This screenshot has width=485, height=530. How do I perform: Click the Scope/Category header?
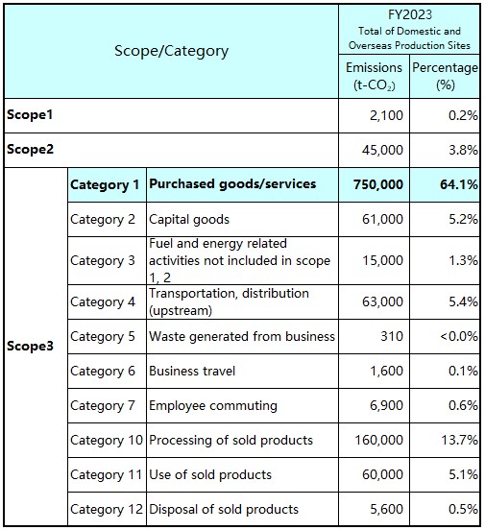(x=171, y=52)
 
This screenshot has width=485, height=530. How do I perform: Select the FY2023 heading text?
(x=409, y=14)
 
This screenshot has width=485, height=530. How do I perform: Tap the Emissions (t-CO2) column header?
(x=374, y=77)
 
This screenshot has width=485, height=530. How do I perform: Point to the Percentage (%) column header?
(x=445, y=77)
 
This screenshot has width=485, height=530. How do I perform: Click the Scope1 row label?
(x=30, y=115)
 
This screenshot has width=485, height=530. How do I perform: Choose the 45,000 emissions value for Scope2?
(x=382, y=150)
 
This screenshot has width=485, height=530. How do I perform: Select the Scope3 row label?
(x=30, y=346)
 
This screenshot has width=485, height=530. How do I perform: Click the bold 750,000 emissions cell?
(x=378, y=184)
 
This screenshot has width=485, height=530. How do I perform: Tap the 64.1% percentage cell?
(x=459, y=184)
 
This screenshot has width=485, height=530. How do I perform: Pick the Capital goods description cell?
(x=189, y=220)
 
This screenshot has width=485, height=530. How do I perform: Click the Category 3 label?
(x=103, y=260)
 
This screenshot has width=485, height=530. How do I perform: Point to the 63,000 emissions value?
(x=382, y=301)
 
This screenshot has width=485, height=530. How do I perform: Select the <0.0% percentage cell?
(x=459, y=337)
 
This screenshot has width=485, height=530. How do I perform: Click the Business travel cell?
(x=192, y=372)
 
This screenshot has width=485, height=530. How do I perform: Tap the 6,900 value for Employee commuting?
(x=387, y=405)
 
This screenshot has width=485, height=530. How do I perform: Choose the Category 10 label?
(x=107, y=440)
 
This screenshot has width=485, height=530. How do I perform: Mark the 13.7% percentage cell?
(x=460, y=440)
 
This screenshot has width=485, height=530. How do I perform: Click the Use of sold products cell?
(x=210, y=475)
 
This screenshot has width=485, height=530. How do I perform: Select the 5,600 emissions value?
(x=387, y=510)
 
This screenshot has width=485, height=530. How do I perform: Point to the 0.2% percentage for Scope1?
(x=463, y=115)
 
